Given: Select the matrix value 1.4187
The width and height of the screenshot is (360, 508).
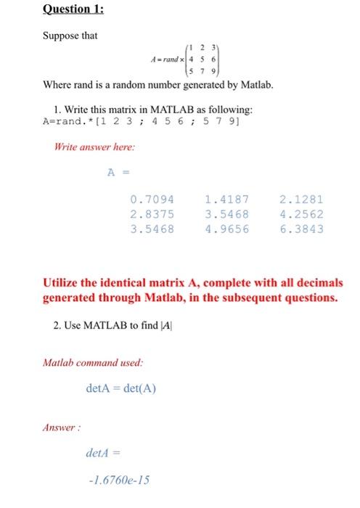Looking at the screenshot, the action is coord(227,199).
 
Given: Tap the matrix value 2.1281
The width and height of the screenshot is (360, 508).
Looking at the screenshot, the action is coord(301,199).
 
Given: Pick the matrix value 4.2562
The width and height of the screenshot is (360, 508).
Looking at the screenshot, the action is coord(301,214).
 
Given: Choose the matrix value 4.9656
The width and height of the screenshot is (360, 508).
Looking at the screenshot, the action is coord(227,229).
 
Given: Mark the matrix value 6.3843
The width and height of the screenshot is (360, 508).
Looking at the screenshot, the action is coord(301,229).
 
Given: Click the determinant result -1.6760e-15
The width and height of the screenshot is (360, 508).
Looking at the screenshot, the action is coord(120,480).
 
